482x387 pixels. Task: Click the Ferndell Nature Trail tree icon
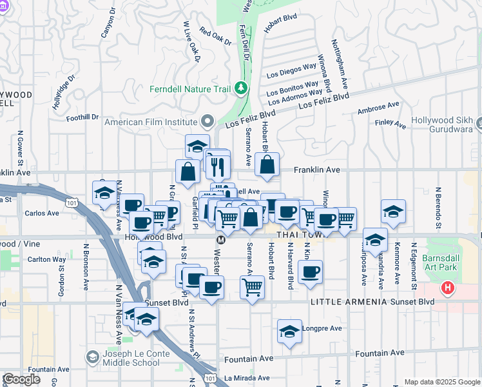click(241, 87)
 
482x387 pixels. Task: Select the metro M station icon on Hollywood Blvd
click(220, 239)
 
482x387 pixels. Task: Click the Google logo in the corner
click(21, 379)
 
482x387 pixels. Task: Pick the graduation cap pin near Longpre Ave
click(289, 332)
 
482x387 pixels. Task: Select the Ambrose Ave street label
click(378, 108)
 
